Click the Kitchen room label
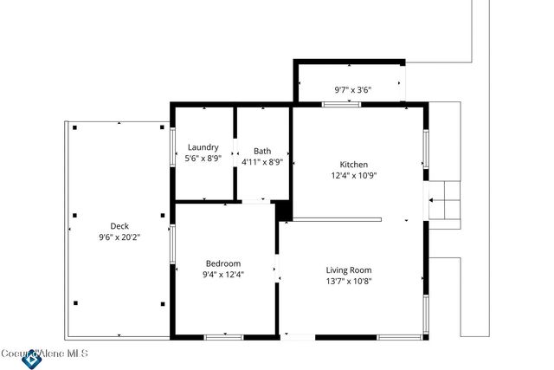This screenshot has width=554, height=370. [x=353, y=165]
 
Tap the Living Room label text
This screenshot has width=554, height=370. [x=348, y=269]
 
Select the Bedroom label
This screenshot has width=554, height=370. [x=222, y=263]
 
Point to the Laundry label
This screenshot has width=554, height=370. [x=203, y=147]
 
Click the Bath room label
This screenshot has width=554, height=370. [x=261, y=151]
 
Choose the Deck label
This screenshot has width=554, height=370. [x=119, y=226]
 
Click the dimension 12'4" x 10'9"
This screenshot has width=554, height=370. [x=353, y=176]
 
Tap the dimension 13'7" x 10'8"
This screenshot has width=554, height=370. [x=348, y=281]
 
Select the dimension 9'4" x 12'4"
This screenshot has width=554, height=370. [x=222, y=275]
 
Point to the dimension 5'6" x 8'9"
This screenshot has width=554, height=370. [x=204, y=159]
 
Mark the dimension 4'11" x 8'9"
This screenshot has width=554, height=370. [x=261, y=162]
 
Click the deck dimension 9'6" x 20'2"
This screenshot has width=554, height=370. [x=119, y=237]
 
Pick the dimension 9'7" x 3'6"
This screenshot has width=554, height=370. [x=352, y=89]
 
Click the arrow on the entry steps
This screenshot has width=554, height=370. [x=439, y=199]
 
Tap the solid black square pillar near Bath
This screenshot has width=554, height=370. [x=281, y=210]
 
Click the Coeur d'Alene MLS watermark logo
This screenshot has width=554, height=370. [x=32, y=357]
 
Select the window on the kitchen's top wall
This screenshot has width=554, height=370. [x=341, y=105]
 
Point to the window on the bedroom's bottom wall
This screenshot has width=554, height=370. [x=223, y=336]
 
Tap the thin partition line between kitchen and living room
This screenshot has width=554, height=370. [x=338, y=219]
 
